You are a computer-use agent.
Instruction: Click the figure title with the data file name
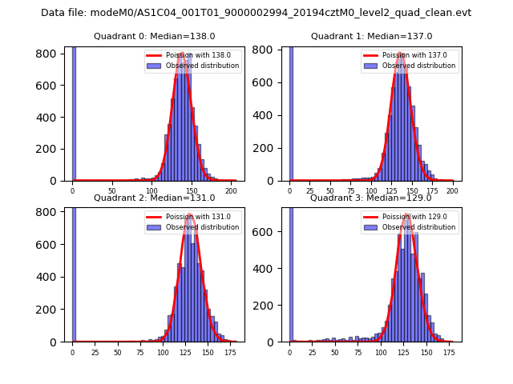pos(256,13)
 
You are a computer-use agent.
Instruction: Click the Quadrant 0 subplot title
pos(154,36)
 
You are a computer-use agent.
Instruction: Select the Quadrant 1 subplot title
pos(371,36)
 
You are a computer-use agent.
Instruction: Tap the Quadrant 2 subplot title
pos(154,198)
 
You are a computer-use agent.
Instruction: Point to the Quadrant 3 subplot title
pos(371,198)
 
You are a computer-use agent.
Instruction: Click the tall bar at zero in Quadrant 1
pos(290,113)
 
